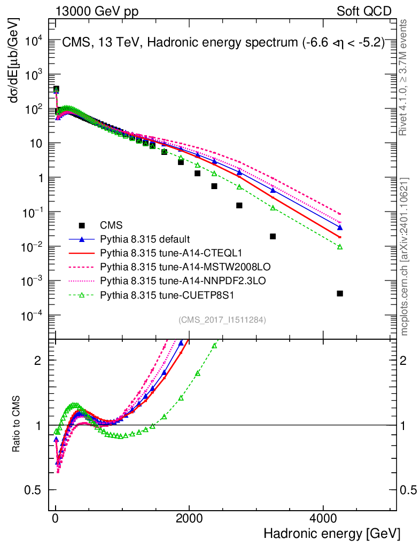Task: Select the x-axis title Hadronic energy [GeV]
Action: tap(331, 534)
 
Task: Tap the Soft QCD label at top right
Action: tap(364, 11)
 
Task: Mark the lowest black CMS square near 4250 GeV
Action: tap(340, 293)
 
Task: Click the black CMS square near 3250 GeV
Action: tap(273, 236)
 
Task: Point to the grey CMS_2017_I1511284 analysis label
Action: tap(222, 320)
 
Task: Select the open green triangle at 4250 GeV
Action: tap(340, 247)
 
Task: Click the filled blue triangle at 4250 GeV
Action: tap(340, 228)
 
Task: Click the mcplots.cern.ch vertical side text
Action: tap(405, 256)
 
